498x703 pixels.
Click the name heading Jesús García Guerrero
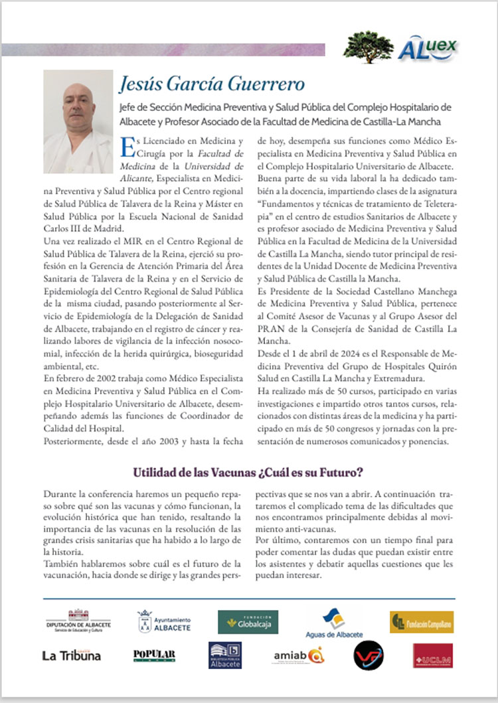(212, 84)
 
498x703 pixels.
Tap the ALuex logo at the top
(427, 48)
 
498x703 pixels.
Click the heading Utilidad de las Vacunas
(248, 473)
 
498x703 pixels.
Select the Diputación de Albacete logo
(79, 621)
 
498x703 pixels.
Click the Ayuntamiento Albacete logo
(164, 622)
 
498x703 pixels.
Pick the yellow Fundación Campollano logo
(422, 622)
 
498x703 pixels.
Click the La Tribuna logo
(71, 655)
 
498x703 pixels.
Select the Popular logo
(154, 655)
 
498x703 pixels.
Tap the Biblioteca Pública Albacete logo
(225, 655)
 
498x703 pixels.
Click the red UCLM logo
(432, 655)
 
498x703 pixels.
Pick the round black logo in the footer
(369, 655)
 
